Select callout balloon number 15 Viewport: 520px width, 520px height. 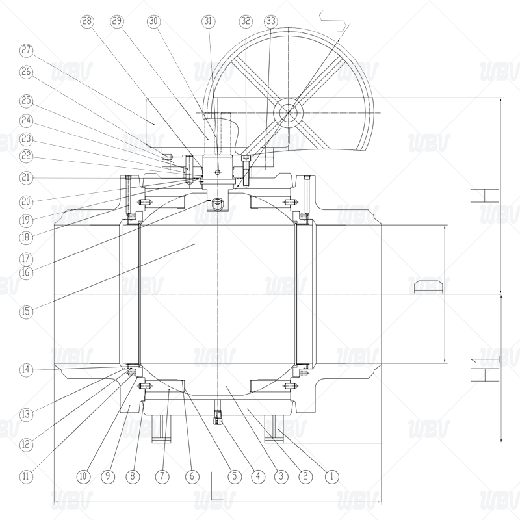point(25,311)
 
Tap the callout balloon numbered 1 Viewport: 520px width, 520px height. point(331,476)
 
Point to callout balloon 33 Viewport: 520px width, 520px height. point(270,21)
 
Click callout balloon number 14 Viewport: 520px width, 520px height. point(25,370)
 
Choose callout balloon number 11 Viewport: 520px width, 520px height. point(25,476)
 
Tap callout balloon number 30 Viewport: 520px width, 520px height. point(153,21)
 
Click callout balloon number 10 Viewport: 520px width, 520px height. point(83,476)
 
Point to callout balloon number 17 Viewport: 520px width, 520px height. point(25,256)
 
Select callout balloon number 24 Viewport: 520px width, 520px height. point(25,120)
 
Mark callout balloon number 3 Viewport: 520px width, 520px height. point(280,476)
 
